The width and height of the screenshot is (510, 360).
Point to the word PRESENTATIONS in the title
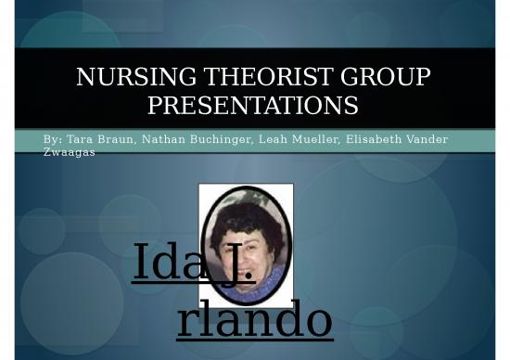252,106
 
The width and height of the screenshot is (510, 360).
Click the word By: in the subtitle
53,139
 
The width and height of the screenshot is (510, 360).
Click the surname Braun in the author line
119,139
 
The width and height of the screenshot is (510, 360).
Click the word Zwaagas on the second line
70,151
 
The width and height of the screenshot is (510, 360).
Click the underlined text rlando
254,320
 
